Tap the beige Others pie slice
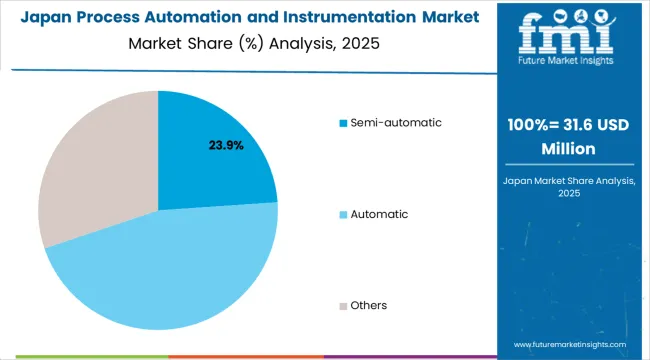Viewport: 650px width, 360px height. pos(85,170)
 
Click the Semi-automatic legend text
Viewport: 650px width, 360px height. pos(395,123)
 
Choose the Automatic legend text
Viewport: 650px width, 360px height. pos(380,214)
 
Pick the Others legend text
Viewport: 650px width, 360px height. pos(370,305)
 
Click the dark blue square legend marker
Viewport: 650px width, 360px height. pos(343,123)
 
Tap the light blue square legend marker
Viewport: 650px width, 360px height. pos(343,214)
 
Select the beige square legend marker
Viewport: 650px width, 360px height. pos(343,305)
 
